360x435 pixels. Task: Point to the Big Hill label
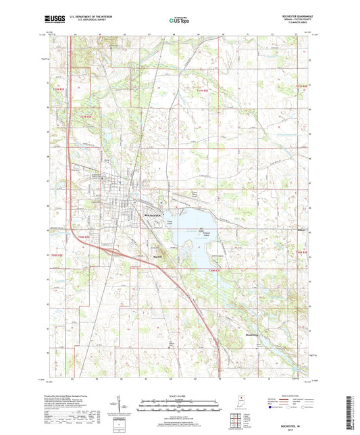(159, 256)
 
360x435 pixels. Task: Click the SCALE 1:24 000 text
(179, 396)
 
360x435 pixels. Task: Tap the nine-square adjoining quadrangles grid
(237, 417)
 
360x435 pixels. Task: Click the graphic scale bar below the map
(179, 406)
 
